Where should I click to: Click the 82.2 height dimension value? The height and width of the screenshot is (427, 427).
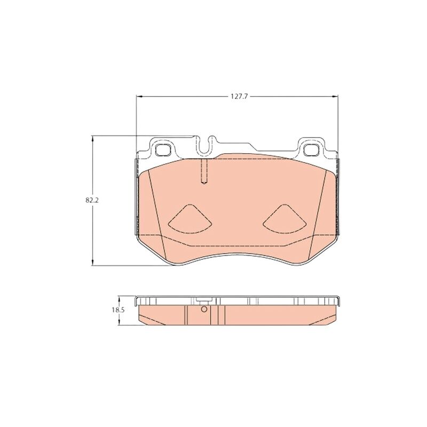(x=92, y=200)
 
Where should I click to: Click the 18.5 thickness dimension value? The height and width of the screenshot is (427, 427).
(x=118, y=310)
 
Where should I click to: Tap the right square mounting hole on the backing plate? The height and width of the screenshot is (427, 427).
(x=311, y=149)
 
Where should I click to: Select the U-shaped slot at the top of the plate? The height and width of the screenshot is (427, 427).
(x=204, y=146)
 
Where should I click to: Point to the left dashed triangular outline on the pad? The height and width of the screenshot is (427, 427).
(x=190, y=219)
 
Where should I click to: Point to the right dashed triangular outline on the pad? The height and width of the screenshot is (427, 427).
(x=284, y=219)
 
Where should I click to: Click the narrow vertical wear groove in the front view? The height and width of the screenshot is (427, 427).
(x=204, y=171)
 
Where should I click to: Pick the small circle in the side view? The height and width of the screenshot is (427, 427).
(x=204, y=309)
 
